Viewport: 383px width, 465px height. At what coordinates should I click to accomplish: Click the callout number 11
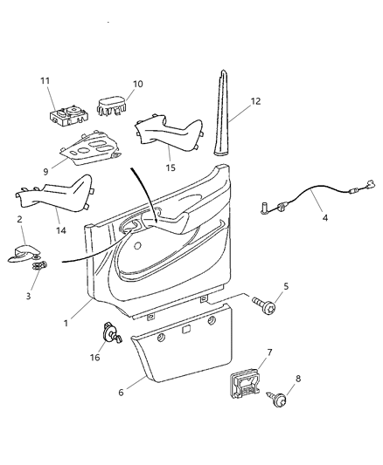pyautogui.click(x=45, y=80)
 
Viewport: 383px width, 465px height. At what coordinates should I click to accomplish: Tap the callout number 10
pyautogui.click(x=137, y=85)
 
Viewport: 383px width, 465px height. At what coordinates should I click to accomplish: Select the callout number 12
pyautogui.click(x=254, y=102)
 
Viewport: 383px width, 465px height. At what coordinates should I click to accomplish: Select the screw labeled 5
pyautogui.click(x=265, y=330)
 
